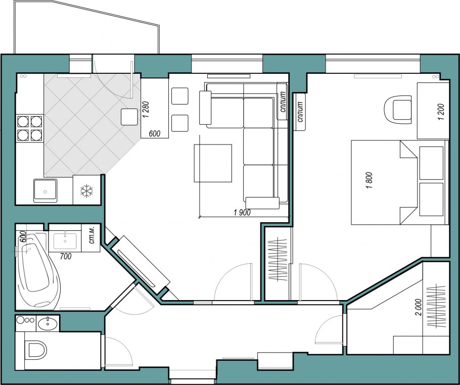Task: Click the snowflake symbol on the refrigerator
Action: pos(86,191)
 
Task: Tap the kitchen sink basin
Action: pos(45,190)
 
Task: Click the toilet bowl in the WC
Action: pos(36,350)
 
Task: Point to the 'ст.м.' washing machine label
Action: pos(91,237)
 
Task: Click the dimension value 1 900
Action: pos(242,213)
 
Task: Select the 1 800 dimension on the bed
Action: pos(370,180)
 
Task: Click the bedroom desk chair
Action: pos(398,110)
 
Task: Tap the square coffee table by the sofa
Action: pos(213,163)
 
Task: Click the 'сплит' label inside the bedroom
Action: pos(300,112)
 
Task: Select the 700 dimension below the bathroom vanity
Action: pos(65,256)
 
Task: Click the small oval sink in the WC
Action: pos(48,323)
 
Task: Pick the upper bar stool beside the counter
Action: pos(180,96)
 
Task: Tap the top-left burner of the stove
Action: pos(23,121)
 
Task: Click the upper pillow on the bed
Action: pos(431,163)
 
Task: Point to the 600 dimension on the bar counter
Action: pos(155,134)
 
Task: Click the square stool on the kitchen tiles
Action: pos(129,117)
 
